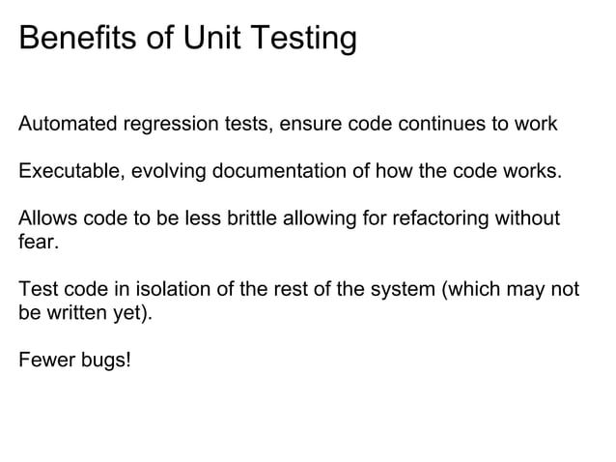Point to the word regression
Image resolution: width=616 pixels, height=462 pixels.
pos(166,126)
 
